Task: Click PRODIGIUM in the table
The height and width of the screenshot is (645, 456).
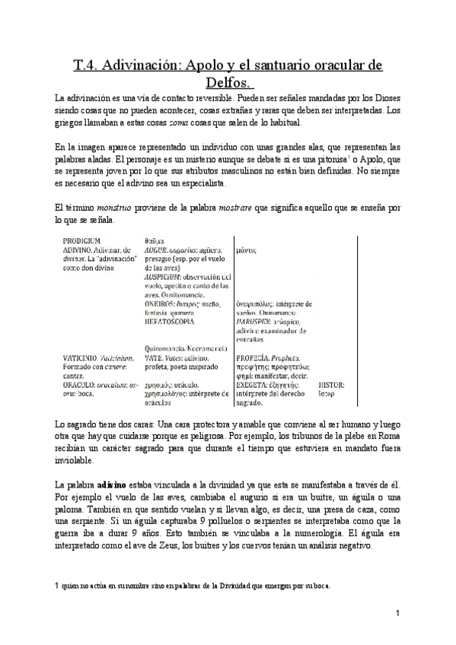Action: (x=82, y=241)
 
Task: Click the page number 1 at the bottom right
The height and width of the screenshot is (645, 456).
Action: (x=397, y=612)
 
